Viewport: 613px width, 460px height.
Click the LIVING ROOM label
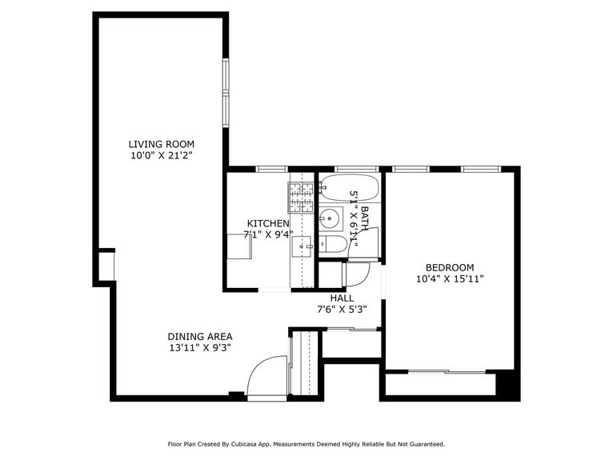pos(162,144)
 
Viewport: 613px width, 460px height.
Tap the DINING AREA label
pos(200,337)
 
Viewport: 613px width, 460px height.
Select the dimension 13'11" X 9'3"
pos(200,348)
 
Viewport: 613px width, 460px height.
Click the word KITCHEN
pos(267,223)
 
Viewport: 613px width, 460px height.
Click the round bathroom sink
pos(331,218)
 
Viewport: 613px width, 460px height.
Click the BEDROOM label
pos(449,268)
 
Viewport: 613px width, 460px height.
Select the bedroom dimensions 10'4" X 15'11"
pos(449,279)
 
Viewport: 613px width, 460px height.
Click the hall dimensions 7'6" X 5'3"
pos(342,310)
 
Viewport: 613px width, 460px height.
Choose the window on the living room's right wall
pos(226,91)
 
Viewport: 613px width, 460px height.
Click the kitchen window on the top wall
pos(271,169)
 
